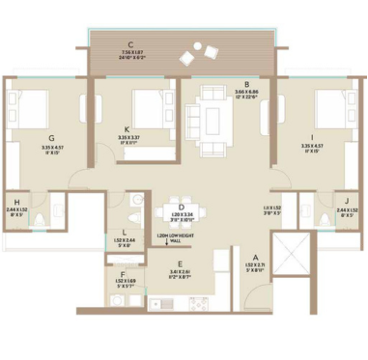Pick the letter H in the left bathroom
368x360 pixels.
tap(17, 201)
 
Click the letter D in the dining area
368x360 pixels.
tap(181, 207)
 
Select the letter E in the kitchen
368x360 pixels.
tap(180, 263)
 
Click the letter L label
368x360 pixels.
tap(126, 232)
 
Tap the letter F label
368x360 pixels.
tap(126, 275)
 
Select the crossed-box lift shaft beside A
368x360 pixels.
tap(291, 255)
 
